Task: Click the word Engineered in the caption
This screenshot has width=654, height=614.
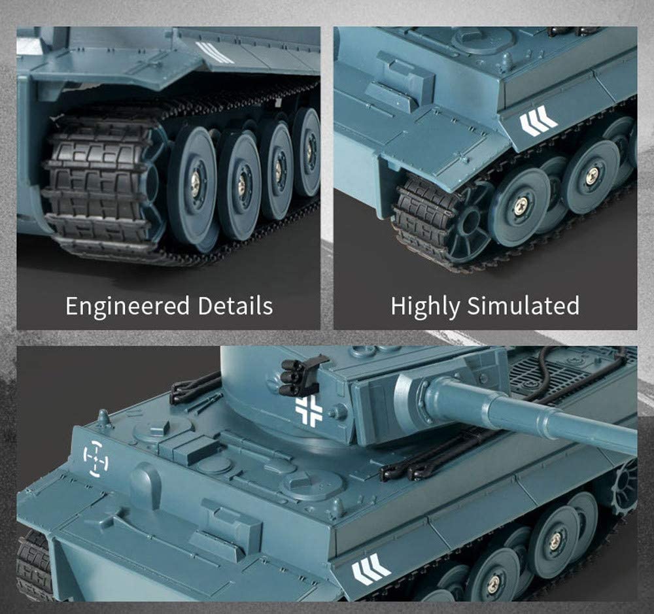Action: [x=128, y=307]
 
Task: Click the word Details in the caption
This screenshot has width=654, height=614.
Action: [x=235, y=305]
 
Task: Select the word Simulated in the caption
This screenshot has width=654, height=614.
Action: [x=523, y=305]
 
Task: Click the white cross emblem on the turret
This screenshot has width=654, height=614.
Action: [x=309, y=411]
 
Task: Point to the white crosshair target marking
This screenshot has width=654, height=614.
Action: [x=95, y=458]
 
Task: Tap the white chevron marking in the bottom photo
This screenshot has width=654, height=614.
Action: [x=371, y=569]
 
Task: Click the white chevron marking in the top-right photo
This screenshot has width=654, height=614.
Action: [x=538, y=120]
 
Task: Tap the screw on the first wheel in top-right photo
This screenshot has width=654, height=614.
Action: [x=521, y=205]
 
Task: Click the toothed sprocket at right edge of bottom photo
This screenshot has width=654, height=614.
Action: [x=626, y=484]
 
